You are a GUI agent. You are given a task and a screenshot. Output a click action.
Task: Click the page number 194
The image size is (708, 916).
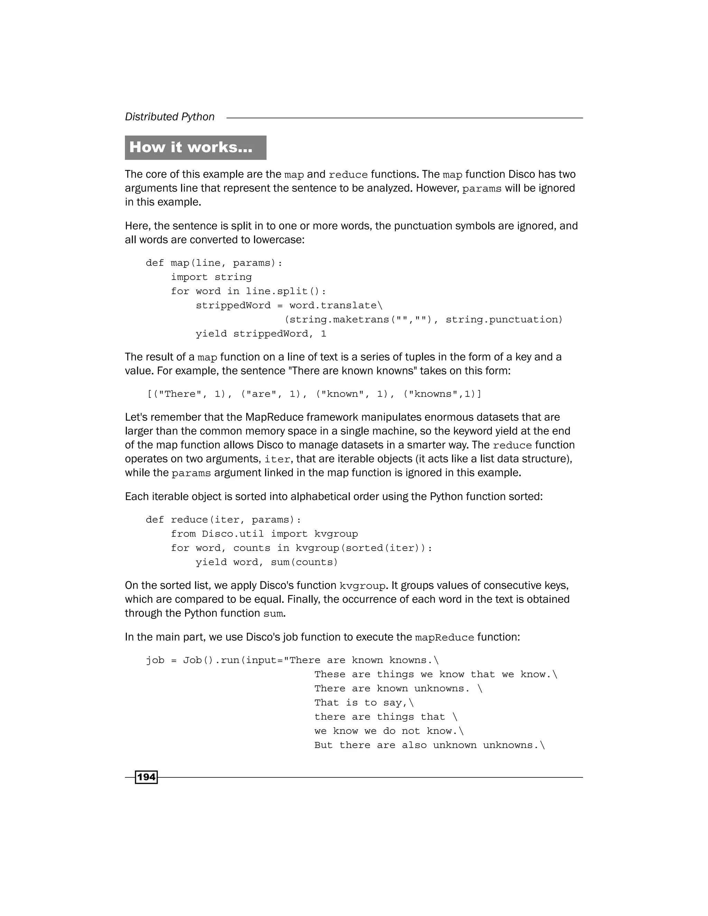coord(146,777)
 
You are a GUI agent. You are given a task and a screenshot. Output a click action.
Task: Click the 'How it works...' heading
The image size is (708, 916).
coord(191,147)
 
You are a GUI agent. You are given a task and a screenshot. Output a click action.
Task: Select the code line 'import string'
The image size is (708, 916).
coord(211,277)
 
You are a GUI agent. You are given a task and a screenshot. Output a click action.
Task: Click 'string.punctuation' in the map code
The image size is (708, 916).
coord(503,320)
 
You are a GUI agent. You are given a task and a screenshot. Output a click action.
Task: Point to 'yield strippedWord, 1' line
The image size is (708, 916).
coord(260,334)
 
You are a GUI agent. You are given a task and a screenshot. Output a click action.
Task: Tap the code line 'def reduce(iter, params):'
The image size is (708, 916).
coord(223,520)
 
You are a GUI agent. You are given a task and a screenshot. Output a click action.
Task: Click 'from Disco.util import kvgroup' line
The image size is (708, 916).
coord(264,534)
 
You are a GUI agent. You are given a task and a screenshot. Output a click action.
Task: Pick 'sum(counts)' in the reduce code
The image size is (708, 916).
coord(304,562)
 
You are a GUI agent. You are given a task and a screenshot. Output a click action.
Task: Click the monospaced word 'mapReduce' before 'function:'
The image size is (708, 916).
coord(444,637)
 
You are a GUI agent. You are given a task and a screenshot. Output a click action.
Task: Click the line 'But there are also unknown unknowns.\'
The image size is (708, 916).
coord(429,745)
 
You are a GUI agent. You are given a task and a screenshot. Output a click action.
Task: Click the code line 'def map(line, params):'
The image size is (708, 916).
coord(214,263)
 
